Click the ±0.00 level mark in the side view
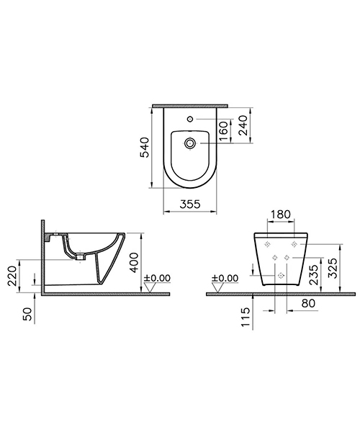(x=158, y=277)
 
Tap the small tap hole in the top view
(x=191, y=118)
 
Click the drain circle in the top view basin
(x=191, y=144)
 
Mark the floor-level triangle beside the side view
(x=151, y=287)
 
